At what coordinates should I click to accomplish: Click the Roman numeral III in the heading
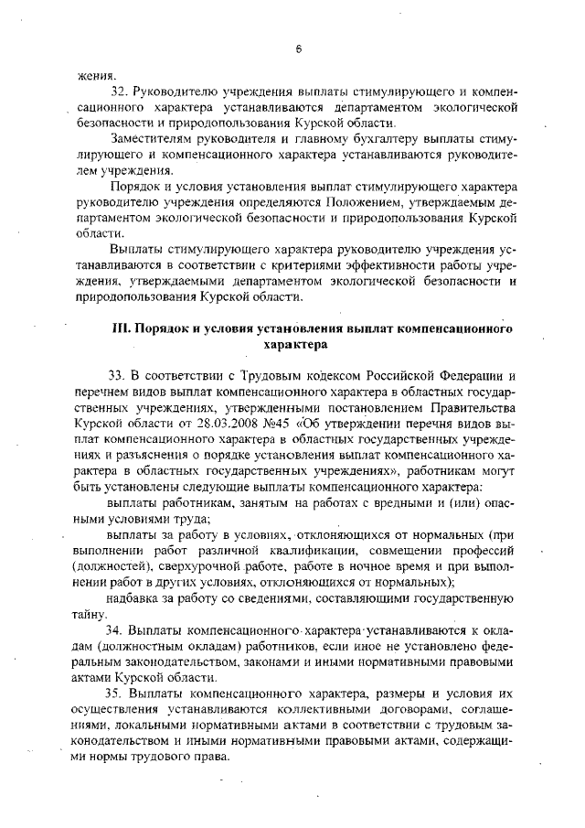(x=121, y=328)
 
